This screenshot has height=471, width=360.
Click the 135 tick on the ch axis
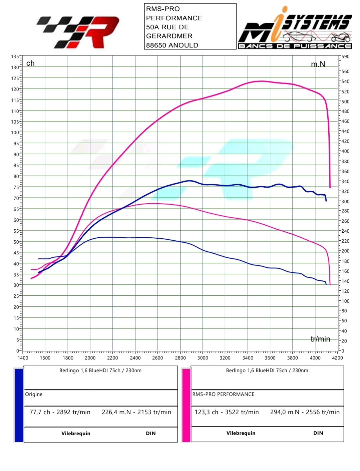click(15, 56)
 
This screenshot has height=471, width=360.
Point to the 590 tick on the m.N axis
click(346, 56)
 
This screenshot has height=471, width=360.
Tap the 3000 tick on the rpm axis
click(203, 358)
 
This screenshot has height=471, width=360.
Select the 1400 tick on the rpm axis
click(23, 358)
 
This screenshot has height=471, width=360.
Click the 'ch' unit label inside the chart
click(30, 63)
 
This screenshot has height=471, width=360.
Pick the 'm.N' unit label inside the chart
click(318, 64)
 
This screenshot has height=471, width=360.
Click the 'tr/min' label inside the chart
click(320, 339)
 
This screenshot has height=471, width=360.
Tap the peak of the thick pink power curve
click(262, 81)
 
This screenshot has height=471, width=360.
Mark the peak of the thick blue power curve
click(189, 181)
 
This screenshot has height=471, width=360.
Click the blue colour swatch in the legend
click(19, 405)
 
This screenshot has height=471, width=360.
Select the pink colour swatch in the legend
click(186, 405)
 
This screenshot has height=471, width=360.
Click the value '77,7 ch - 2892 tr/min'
click(60, 412)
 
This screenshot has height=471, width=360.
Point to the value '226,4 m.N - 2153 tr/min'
click(136, 412)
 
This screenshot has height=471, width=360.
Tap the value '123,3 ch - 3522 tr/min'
click(227, 412)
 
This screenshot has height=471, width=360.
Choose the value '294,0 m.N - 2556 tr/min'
click(305, 412)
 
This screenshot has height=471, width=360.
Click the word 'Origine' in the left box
click(34, 394)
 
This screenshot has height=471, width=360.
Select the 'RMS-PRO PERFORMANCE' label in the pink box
click(223, 394)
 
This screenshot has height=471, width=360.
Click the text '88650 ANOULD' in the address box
click(172, 45)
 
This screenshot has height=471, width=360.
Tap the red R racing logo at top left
click(78, 32)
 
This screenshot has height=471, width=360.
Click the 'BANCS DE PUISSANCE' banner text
click(295, 46)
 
